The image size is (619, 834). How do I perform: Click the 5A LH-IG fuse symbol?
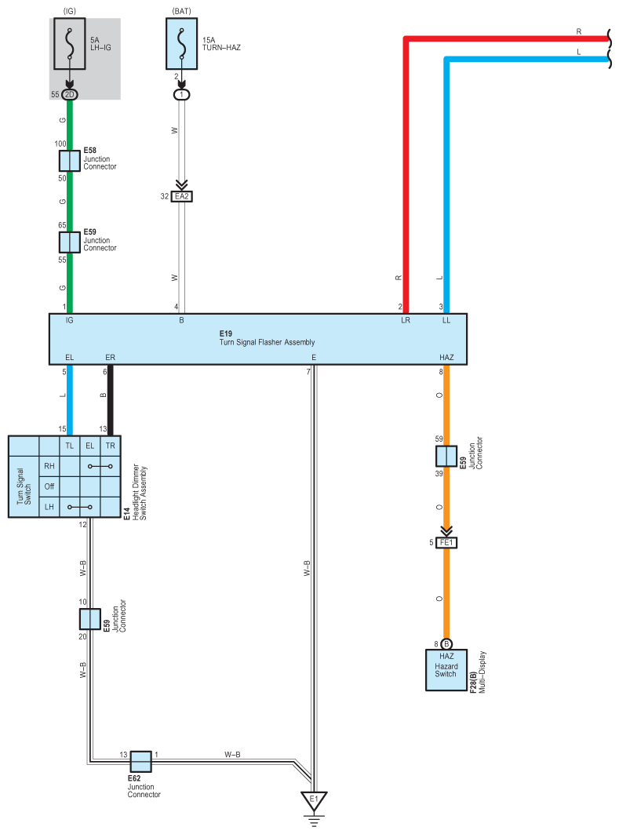click(x=70, y=46)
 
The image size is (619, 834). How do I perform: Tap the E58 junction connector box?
click(x=70, y=161)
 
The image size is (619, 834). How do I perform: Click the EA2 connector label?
click(x=181, y=196)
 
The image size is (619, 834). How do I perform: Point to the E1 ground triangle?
click(x=314, y=800)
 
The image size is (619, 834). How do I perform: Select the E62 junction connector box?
click(x=140, y=761)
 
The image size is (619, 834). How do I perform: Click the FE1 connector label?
click(x=446, y=542)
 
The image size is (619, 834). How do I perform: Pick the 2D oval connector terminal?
click(x=70, y=94)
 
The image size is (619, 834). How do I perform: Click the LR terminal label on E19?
click(x=405, y=320)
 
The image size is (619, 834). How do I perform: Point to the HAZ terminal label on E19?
click(x=446, y=357)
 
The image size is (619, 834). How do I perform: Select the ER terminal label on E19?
click(x=110, y=357)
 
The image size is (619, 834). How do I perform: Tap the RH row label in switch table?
click(x=49, y=465)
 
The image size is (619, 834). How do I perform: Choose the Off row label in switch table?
click(x=49, y=486)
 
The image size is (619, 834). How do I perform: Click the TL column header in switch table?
click(x=69, y=445)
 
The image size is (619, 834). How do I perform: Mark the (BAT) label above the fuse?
click(x=182, y=11)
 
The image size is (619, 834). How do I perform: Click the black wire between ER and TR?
click(x=110, y=400)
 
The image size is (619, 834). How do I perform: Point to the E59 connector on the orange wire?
click(x=446, y=456)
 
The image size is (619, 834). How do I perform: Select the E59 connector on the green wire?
click(x=70, y=242)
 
